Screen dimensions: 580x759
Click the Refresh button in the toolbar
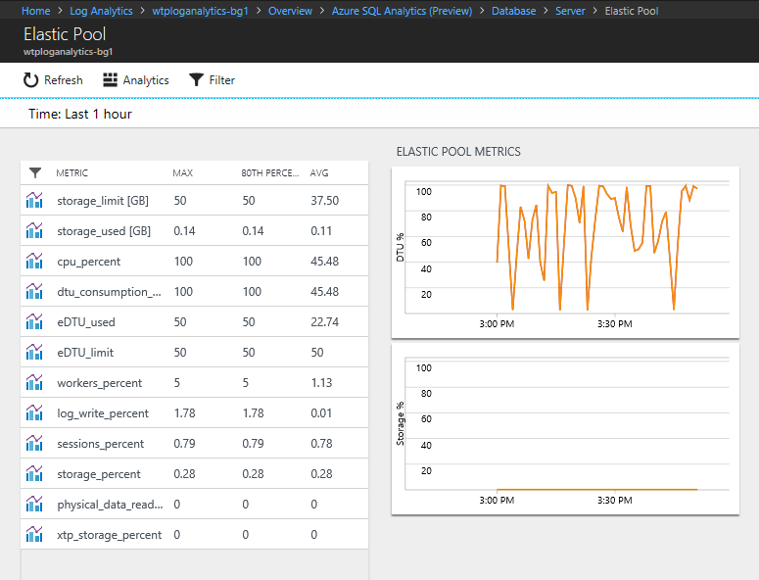click(53, 80)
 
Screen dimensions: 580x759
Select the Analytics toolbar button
click(136, 80)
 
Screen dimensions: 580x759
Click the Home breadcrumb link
click(35, 11)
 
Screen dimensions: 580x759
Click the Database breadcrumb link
click(513, 11)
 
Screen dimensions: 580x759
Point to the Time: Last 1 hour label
click(80, 114)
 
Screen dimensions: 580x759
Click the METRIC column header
click(71, 173)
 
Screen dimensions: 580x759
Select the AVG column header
click(319, 173)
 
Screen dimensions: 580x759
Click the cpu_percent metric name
click(89, 262)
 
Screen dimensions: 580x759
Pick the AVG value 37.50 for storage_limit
click(324, 201)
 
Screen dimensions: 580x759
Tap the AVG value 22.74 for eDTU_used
click(324, 322)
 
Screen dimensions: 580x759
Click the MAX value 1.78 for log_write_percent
click(185, 413)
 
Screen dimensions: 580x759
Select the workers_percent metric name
click(100, 383)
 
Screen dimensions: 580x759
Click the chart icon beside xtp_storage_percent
click(35, 535)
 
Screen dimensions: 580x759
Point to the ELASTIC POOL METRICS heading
click(458, 152)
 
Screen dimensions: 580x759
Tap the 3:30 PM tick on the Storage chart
click(614, 500)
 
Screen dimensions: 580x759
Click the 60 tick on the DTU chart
click(425, 243)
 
